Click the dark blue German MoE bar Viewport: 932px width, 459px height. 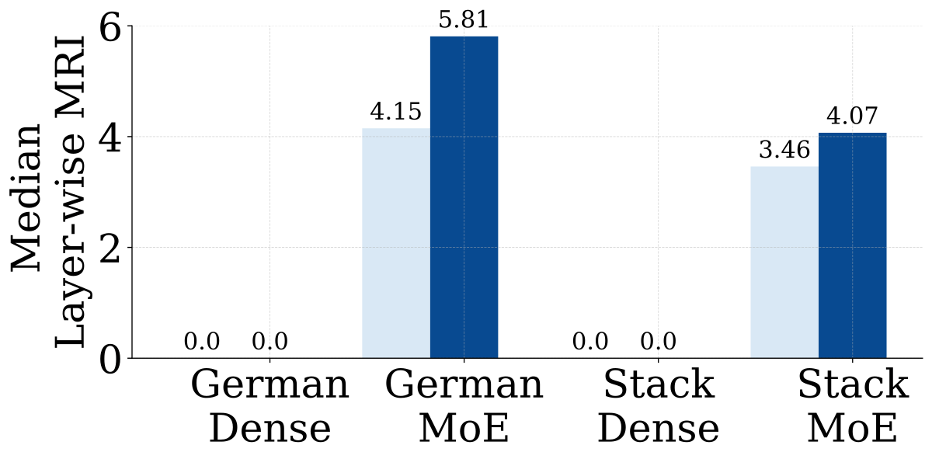coord(464,197)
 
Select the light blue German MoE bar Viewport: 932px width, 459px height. coord(396,243)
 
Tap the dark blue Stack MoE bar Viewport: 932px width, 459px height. coord(853,245)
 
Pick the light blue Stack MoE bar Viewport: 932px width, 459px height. coord(784,263)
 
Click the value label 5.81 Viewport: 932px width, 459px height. coord(464,19)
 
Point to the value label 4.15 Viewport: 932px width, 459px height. coord(395,112)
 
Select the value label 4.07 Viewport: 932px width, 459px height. coord(852,116)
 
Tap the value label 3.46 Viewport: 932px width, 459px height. coord(784,150)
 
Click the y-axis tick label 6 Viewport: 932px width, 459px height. coord(110,26)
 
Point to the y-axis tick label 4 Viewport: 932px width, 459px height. coord(110,137)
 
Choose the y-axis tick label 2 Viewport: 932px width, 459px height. coord(110,247)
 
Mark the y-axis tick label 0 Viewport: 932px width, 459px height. coord(110,358)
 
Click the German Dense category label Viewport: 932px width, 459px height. coord(270,406)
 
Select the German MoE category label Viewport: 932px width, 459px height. coord(464,406)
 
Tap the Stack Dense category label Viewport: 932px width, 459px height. coord(659,406)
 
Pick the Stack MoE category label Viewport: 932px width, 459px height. coord(853,406)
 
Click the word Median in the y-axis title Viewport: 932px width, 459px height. coord(26,198)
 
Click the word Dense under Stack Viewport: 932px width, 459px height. coord(659,429)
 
